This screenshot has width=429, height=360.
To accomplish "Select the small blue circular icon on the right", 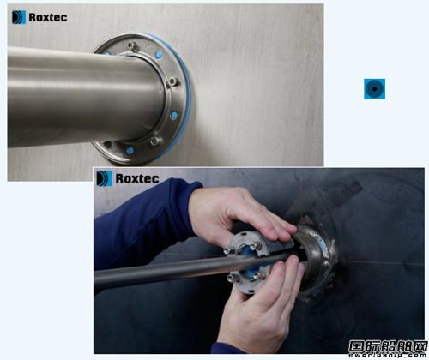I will click(x=374, y=88).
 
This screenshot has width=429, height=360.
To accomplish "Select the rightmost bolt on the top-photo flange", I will click(x=183, y=82).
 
